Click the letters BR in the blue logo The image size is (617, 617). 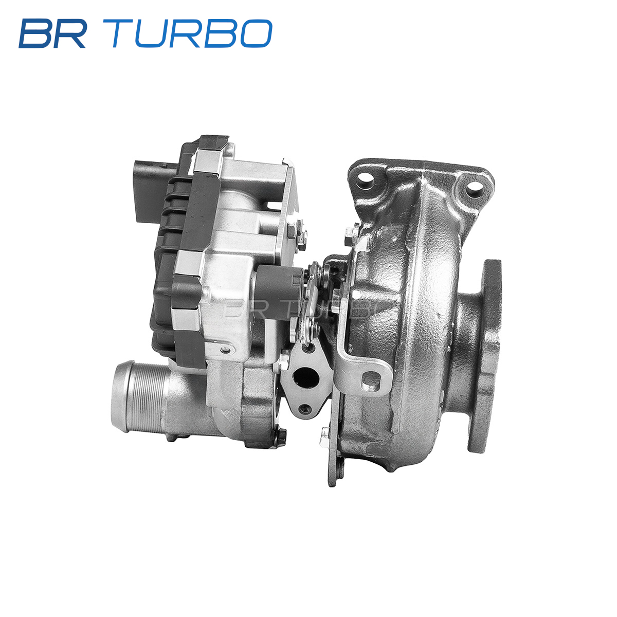click(52, 33)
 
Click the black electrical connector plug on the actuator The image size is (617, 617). click(154, 191)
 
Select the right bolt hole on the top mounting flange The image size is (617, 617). click(474, 189)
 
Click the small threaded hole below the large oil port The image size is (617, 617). click(305, 408)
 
